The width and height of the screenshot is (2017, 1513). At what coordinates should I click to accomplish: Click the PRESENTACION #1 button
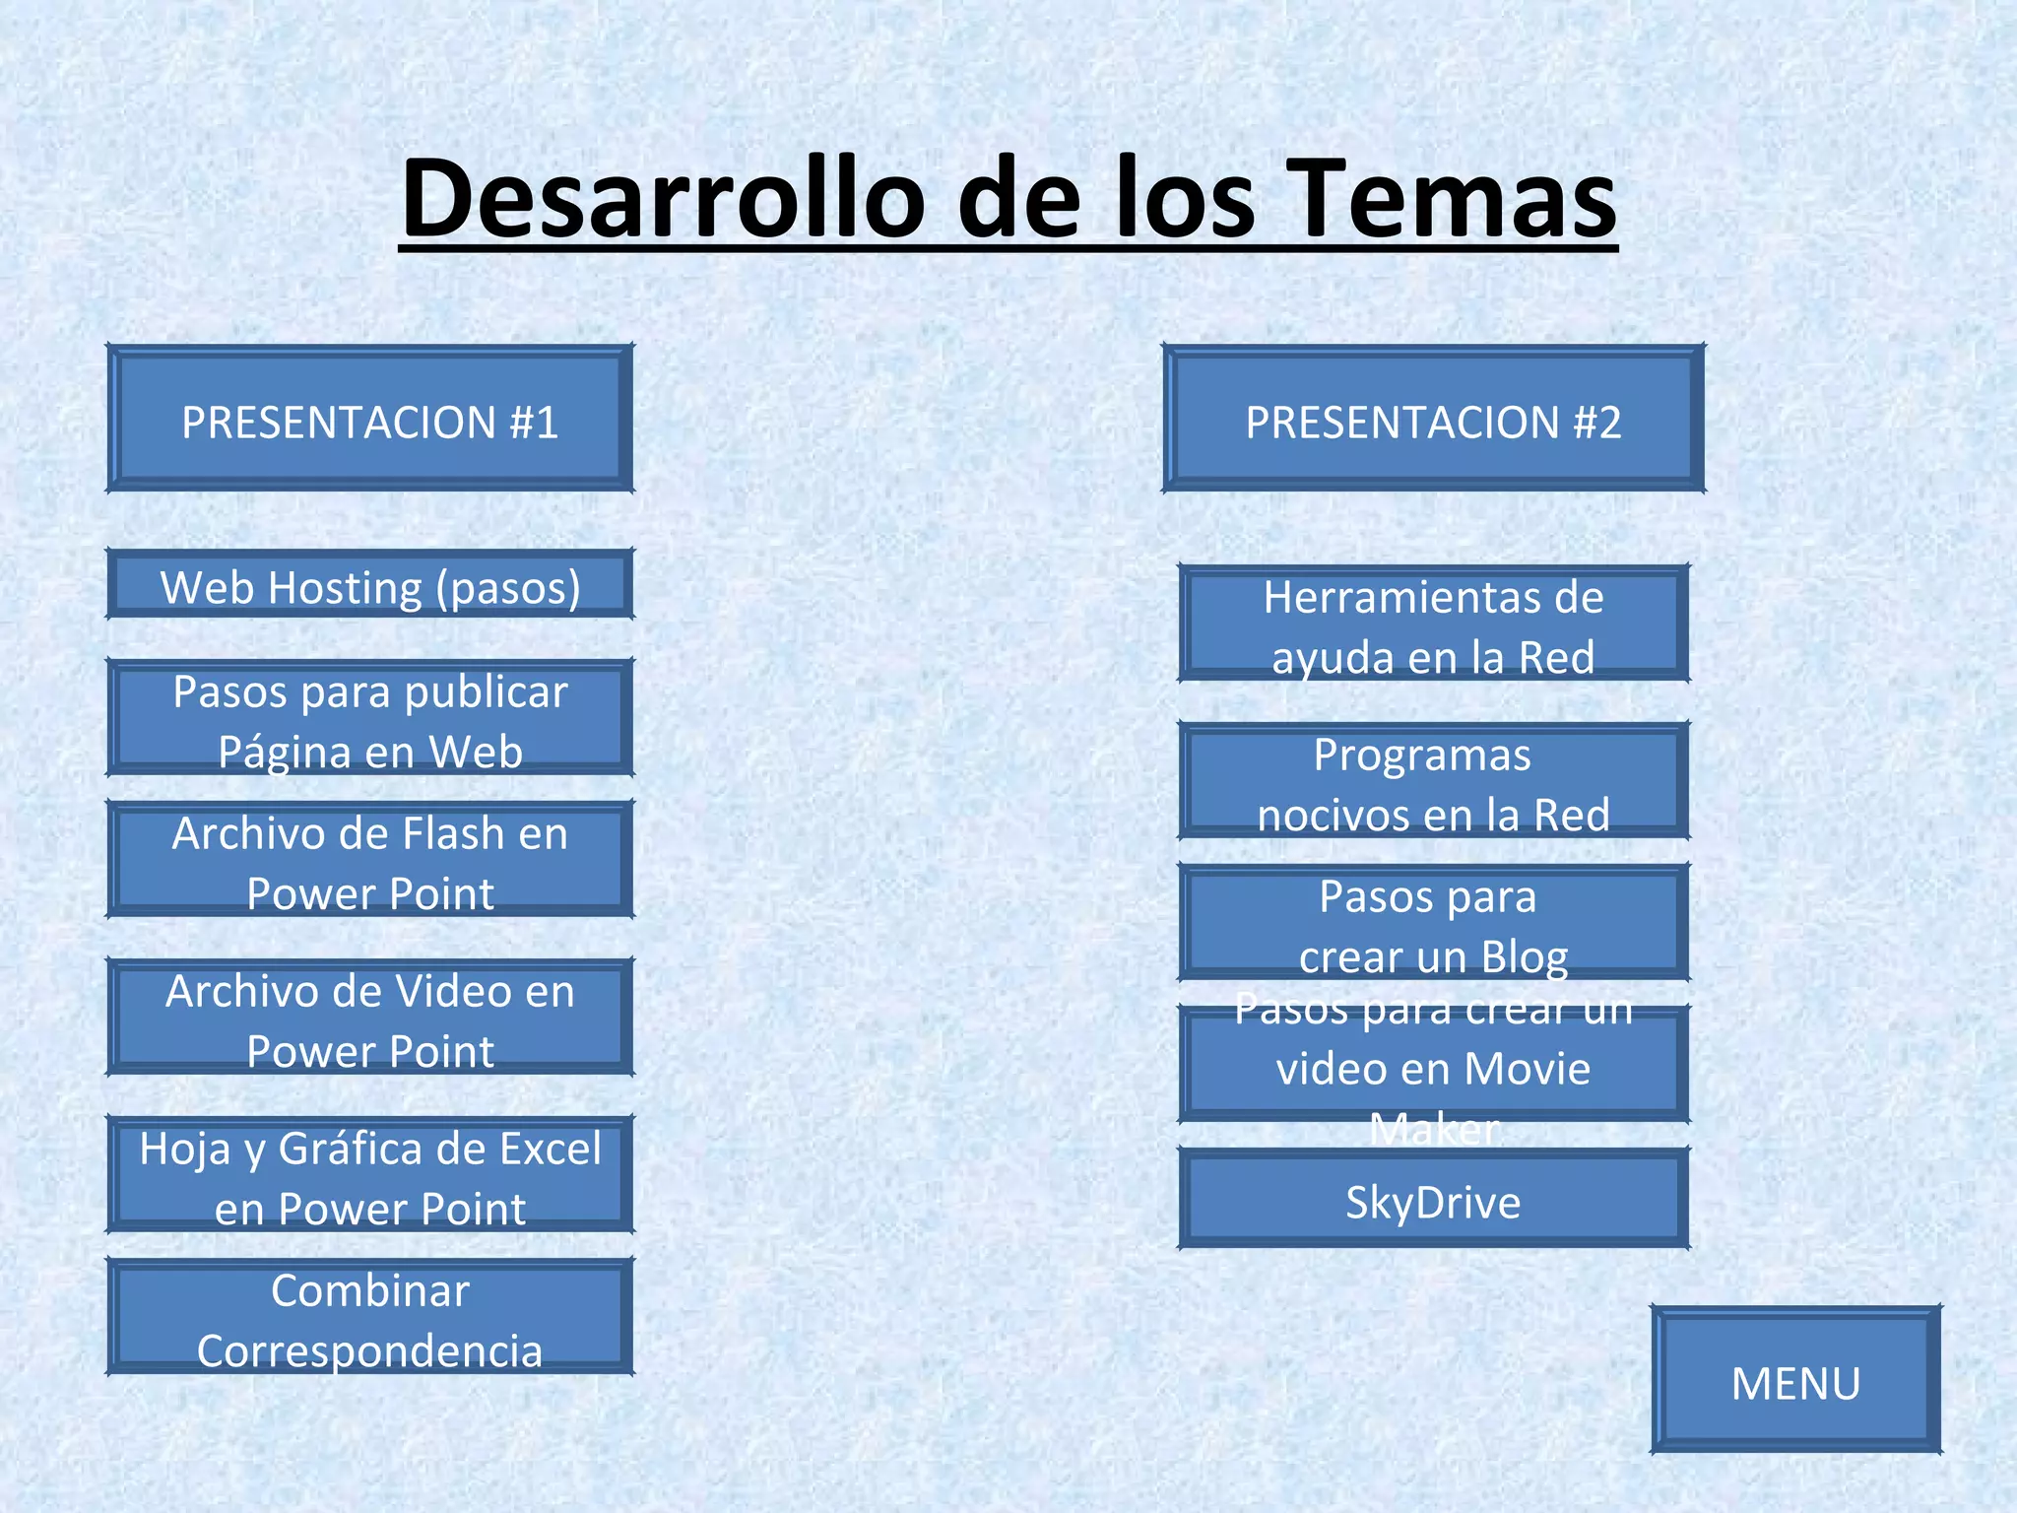tap(369, 419)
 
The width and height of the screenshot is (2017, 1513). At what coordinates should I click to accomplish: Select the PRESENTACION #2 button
tap(1433, 419)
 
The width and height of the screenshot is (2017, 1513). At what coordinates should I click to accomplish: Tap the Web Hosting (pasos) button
tap(369, 585)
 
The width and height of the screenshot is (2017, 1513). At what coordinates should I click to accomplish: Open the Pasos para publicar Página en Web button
tap(369, 719)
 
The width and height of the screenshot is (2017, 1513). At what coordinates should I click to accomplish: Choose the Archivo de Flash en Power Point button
tap(369, 861)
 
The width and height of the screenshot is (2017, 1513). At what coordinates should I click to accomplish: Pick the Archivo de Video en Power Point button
tap(369, 1019)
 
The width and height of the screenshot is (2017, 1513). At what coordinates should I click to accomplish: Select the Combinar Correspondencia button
tap(369, 1318)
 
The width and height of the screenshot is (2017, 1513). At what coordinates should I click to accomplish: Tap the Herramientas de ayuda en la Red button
tap(1433, 625)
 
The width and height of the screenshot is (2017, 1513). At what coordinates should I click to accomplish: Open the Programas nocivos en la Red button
tap(1433, 782)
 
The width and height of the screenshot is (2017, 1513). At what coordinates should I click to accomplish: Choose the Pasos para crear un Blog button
tap(1433, 924)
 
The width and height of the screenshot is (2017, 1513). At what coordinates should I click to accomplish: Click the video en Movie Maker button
tap(1433, 1066)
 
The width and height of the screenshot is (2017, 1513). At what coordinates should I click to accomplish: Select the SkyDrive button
tap(1433, 1201)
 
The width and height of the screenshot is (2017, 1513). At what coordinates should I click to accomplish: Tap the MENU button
tap(1795, 1381)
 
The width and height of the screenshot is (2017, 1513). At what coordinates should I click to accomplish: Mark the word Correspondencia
tap(369, 1350)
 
